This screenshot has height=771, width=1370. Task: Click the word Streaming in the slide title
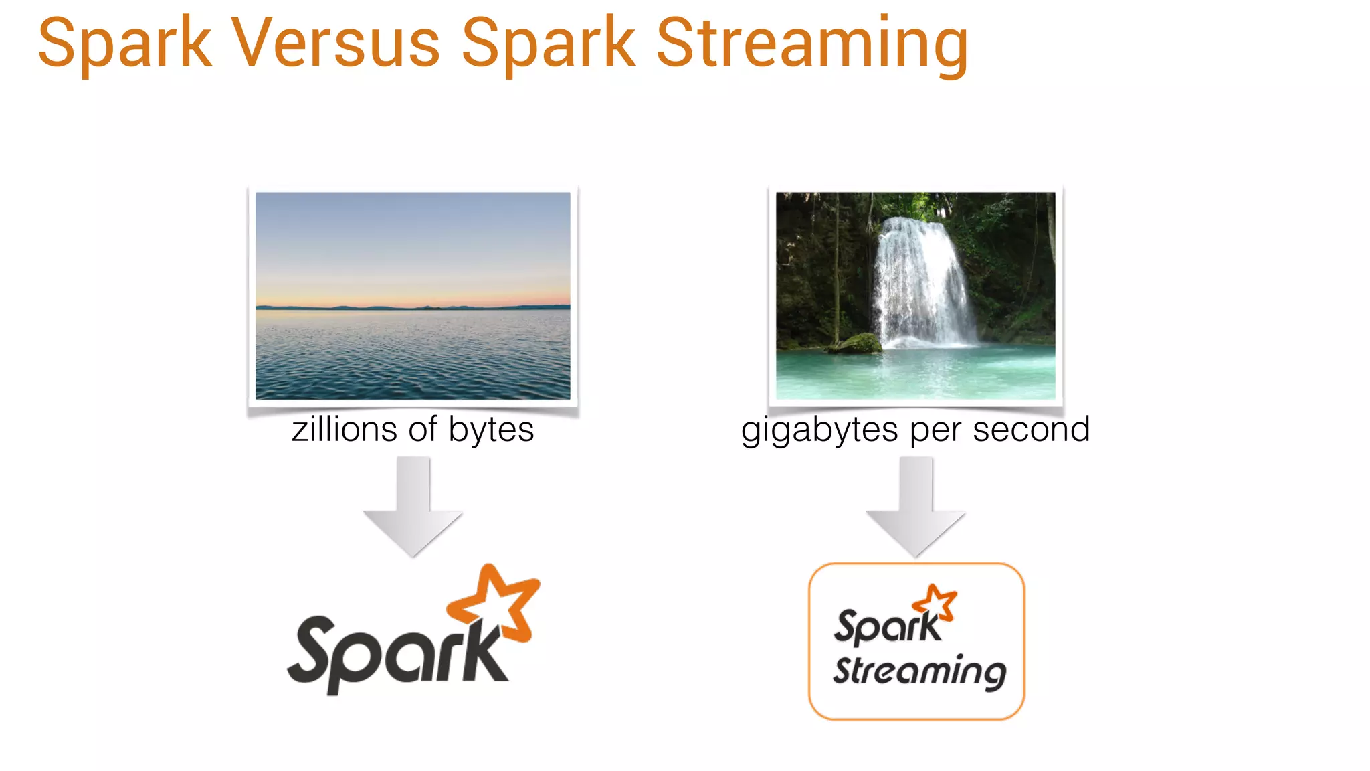pyautogui.click(x=811, y=44)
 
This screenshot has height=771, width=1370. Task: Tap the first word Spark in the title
pyautogui.click(x=124, y=44)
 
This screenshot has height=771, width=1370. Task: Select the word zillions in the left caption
pyautogui.click(x=345, y=429)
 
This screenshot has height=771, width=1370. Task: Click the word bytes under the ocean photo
pyautogui.click(x=491, y=430)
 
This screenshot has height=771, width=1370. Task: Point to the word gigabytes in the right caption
pyautogui.click(x=819, y=430)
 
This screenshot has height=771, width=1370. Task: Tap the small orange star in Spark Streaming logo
pyautogui.click(x=936, y=600)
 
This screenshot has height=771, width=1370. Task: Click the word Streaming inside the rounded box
pyautogui.click(x=919, y=671)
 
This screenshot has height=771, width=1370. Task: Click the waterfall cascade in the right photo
pyautogui.click(x=921, y=281)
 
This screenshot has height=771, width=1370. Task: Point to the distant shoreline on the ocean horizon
pyautogui.click(x=413, y=307)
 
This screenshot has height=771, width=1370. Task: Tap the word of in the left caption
pyautogui.click(x=423, y=429)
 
